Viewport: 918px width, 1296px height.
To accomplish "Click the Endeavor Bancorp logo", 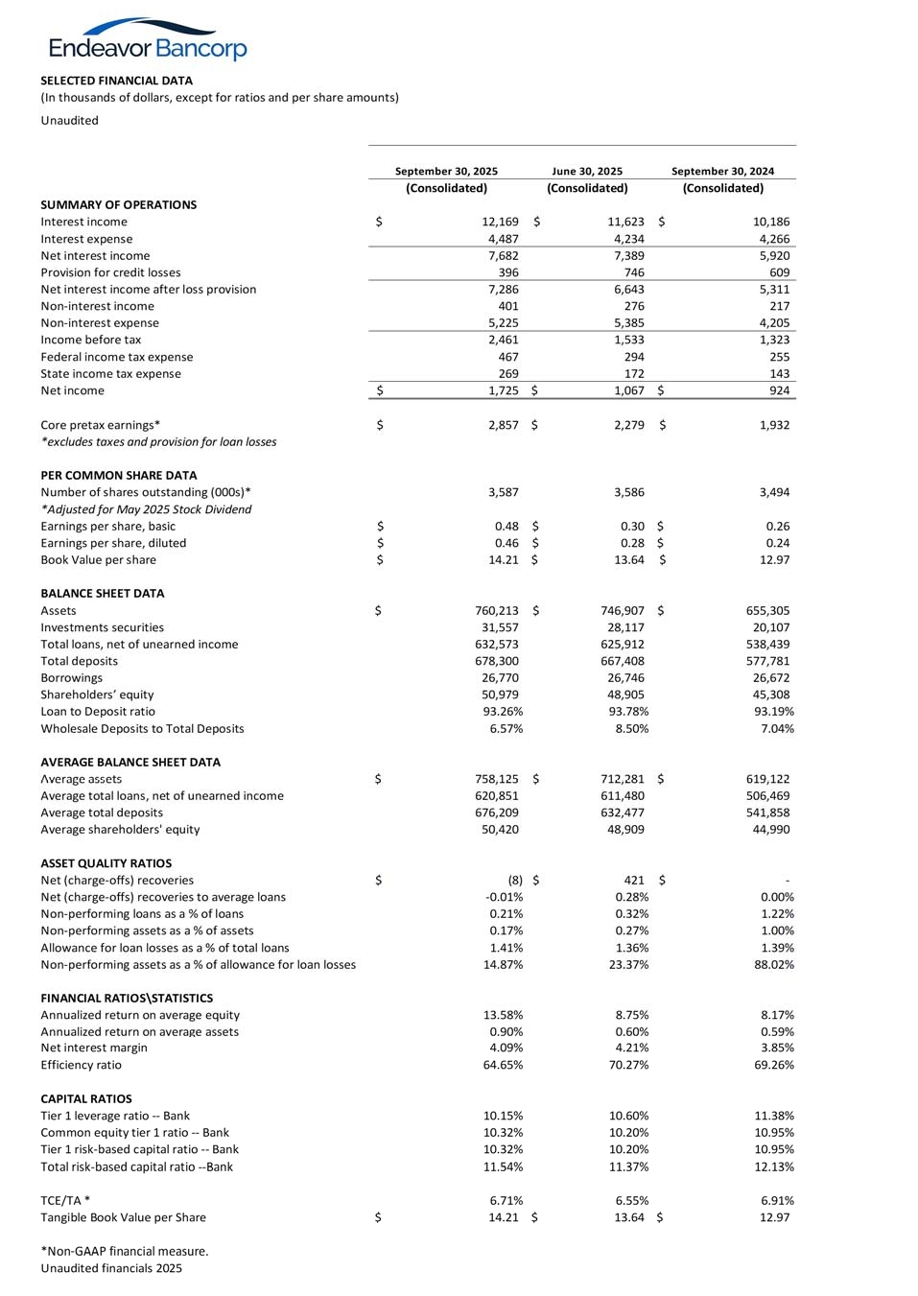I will click(148, 40).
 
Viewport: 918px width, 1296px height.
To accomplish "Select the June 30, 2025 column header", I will click(587, 172).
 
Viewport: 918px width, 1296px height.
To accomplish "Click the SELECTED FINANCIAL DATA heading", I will click(116, 81).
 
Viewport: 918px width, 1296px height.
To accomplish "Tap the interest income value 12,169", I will click(500, 222).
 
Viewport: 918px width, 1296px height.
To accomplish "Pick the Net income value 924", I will click(779, 390).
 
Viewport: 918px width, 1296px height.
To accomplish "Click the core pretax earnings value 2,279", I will click(628, 425).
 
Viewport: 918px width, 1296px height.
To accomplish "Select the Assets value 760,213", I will click(497, 610).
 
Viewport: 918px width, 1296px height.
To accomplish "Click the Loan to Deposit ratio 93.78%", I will click(628, 712).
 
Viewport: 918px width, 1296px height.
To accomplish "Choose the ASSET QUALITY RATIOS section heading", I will click(106, 863).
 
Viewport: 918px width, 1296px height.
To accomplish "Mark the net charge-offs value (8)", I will click(515, 880).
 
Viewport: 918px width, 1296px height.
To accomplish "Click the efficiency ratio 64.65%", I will click(503, 1065).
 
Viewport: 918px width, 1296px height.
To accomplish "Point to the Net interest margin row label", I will click(94, 1048).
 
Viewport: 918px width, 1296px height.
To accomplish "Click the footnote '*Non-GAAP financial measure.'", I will click(125, 1251).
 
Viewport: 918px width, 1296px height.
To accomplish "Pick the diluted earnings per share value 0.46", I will click(506, 543).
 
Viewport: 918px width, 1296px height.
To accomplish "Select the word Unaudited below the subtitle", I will click(69, 120).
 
